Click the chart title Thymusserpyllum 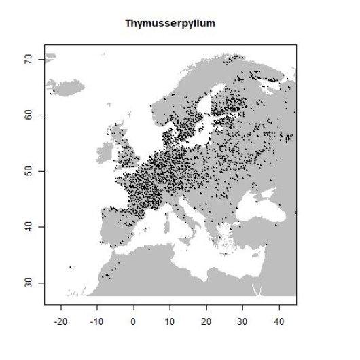pos(170,24)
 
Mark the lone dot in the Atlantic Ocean pos(69,267)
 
